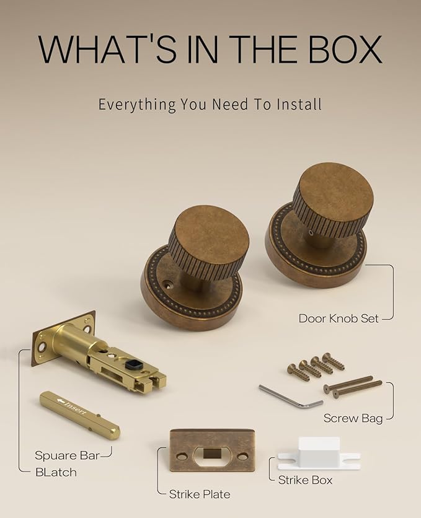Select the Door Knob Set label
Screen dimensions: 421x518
[x=339, y=318]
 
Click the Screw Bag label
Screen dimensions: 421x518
[x=353, y=418]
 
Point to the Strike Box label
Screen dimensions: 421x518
[x=305, y=480]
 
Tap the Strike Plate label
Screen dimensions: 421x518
[x=200, y=494]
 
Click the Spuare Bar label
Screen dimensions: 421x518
[x=67, y=455]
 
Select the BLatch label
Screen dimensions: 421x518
[x=56, y=472]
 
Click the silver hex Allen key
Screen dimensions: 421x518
[x=291, y=397]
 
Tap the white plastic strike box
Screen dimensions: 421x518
[x=319, y=454]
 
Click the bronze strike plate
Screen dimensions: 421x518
[x=212, y=450]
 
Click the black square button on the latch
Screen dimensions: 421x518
[x=135, y=365]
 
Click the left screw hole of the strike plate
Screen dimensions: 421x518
[x=182, y=457]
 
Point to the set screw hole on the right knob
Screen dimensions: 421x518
[x=310, y=233]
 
